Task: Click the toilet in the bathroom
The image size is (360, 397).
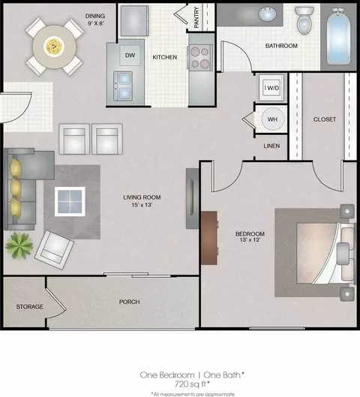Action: click(304, 20)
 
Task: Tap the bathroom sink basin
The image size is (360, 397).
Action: click(268, 14)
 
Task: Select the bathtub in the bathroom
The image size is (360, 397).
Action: click(338, 37)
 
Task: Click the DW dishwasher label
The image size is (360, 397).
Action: click(130, 56)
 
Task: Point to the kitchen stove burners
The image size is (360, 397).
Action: click(199, 58)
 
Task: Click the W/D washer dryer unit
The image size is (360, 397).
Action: click(271, 88)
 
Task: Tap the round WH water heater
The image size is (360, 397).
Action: click(272, 119)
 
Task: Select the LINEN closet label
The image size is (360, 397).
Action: click(271, 146)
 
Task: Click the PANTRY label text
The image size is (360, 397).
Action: click(196, 17)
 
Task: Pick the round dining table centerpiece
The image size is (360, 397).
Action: click(54, 47)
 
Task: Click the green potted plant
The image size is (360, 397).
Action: click(19, 245)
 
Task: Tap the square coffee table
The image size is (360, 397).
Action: click(70, 202)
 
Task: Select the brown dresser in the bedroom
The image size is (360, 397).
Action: click(209, 238)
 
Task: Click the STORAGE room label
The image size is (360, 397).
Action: click(29, 307)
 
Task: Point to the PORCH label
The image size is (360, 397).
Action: click(129, 302)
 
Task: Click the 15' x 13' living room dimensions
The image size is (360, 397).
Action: click(142, 205)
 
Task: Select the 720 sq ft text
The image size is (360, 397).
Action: click(192, 384)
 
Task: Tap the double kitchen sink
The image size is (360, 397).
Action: click(123, 86)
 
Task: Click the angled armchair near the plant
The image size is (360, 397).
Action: click(54, 250)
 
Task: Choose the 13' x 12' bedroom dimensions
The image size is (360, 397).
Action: click(250, 239)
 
